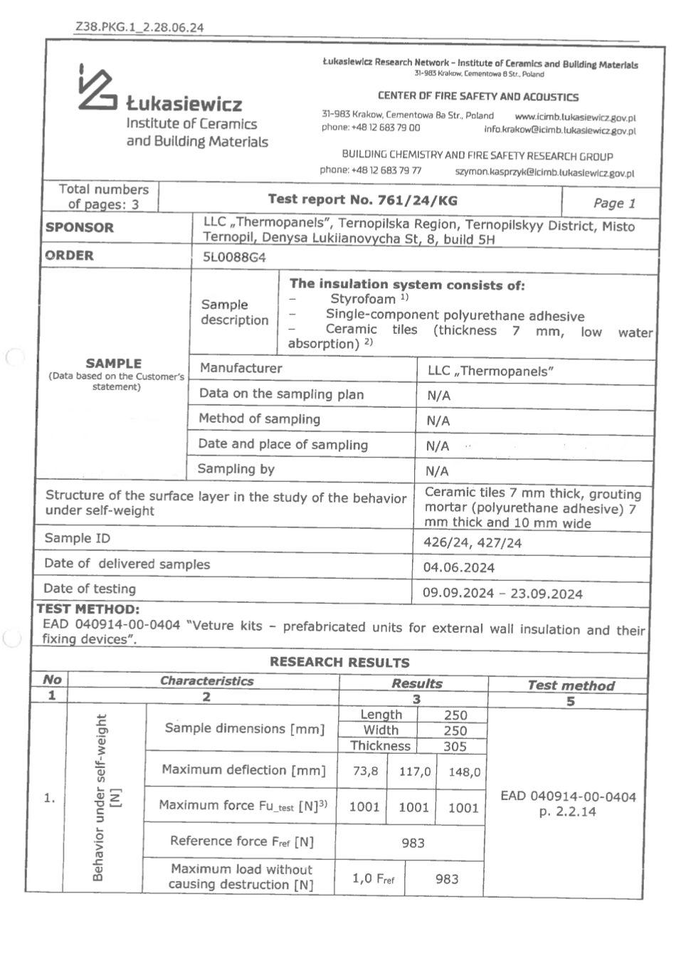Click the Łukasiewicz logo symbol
pos(96,88)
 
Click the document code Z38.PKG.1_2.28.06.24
pos(139,28)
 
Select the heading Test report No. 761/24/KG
pos(362,200)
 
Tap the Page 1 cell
pos(614,203)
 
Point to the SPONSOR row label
pos(79,228)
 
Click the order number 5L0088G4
pos(234,258)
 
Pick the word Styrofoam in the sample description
pos(362,299)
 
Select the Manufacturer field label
pos(241,368)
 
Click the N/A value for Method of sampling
pos(438,421)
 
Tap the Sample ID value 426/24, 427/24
pos(472,542)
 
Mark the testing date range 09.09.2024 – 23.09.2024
pos(502,593)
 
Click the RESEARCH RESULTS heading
pos(339,662)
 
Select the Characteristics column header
pos(206,681)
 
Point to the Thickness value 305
pos(455,746)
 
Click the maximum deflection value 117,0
pos(414,771)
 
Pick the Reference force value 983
pos(413,843)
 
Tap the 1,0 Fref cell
pos(373,878)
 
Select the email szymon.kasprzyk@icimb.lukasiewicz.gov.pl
pos(544,172)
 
